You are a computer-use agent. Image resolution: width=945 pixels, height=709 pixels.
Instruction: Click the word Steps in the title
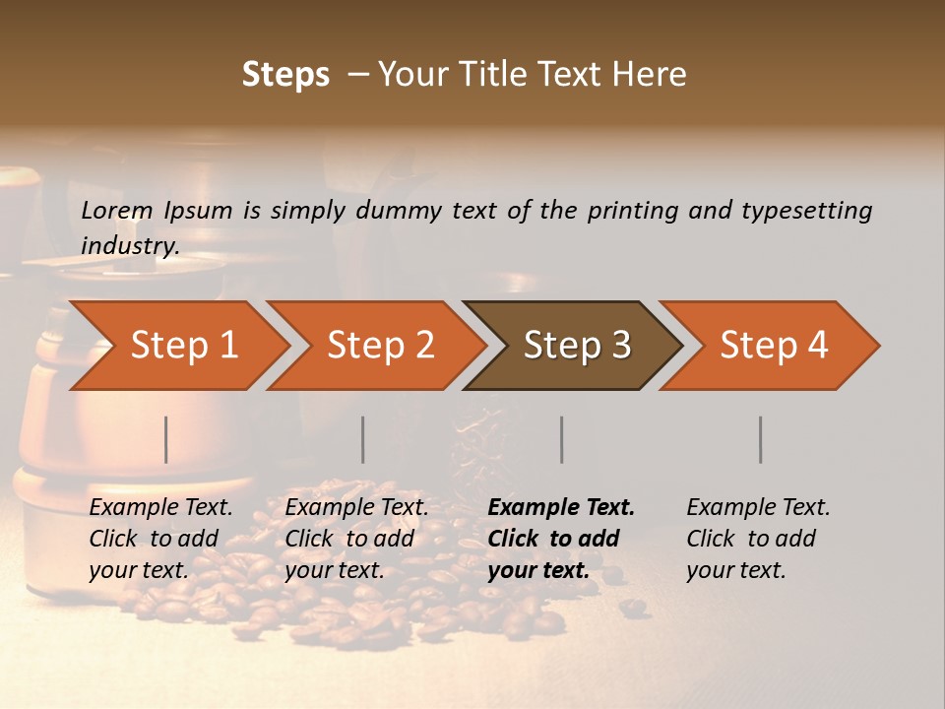(x=285, y=75)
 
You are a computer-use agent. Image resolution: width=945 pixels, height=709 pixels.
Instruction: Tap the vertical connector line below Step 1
(x=166, y=439)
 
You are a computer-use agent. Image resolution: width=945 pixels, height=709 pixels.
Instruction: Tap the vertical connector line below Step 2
(x=363, y=439)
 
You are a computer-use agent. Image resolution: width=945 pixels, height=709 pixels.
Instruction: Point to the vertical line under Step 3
(x=562, y=439)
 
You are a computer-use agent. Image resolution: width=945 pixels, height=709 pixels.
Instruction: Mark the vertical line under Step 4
(x=761, y=439)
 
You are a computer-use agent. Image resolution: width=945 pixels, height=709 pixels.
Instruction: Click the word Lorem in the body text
(x=117, y=210)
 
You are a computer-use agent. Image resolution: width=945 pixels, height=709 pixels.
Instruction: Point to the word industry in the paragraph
(x=129, y=246)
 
